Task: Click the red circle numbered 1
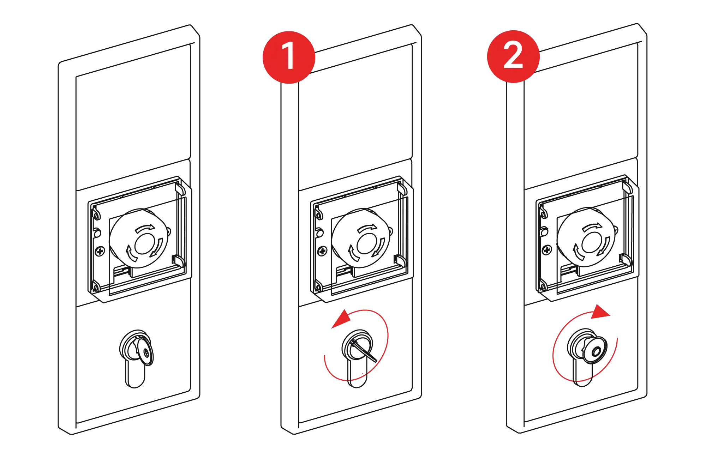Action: coord(289,57)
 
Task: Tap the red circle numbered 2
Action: coord(513,56)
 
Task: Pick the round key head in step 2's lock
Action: coord(596,351)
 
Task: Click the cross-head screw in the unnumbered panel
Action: coord(99,251)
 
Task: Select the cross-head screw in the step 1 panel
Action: coord(322,251)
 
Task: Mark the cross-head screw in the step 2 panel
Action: coord(546,250)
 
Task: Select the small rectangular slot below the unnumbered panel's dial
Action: coord(121,271)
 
